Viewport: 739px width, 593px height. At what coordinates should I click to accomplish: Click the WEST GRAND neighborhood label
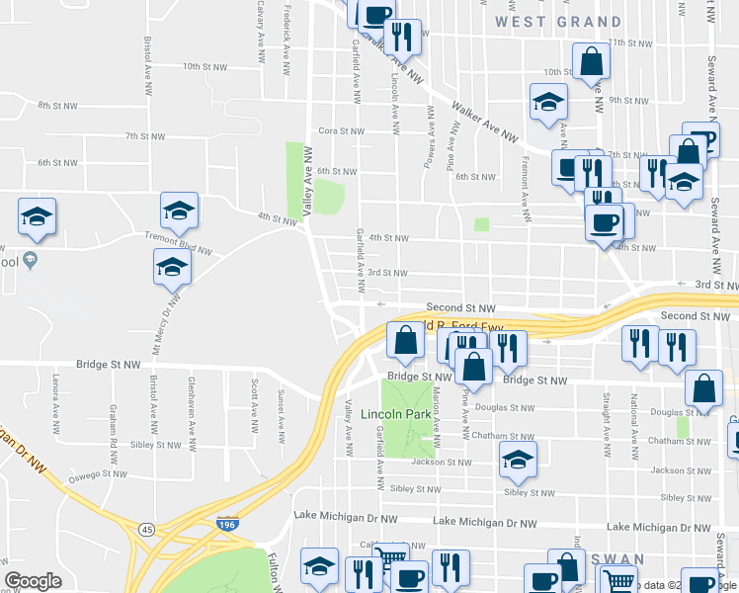[x=558, y=21]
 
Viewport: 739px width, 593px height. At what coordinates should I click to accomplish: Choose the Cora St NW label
[x=342, y=129]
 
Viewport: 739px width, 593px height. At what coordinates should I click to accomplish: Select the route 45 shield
[x=146, y=530]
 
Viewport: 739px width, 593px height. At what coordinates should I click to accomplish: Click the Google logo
[x=33, y=581]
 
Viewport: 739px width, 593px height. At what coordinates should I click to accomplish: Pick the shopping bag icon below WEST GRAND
[x=590, y=61]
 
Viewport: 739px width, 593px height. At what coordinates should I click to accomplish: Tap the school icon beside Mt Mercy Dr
[x=172, y=267]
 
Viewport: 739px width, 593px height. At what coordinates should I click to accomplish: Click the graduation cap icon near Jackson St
[x=517, y=459]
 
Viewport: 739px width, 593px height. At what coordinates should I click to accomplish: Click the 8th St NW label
[x=57, y=105]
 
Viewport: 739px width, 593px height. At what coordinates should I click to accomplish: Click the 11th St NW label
[x=629, y=42]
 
